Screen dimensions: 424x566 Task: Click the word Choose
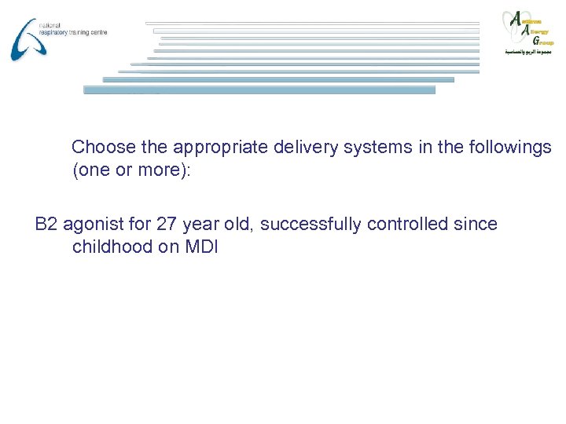(103, 147)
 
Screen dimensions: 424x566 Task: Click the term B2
(46, 225)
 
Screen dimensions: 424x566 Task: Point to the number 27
(167, 225)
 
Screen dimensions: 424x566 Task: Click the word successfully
(306, 225)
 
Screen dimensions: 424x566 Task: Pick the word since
(475, 225)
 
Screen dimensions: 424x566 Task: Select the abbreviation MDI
(203, 247)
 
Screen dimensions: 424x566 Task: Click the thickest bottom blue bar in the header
(259, 90)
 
